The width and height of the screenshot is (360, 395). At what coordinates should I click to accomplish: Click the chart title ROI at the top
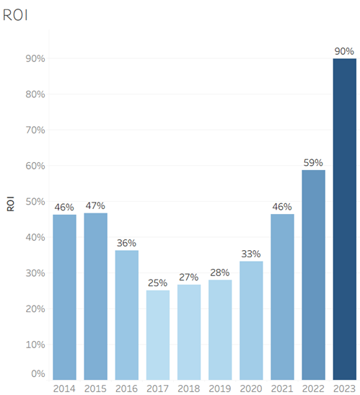click(15, 15)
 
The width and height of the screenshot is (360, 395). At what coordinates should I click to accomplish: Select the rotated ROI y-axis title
click(10, 204)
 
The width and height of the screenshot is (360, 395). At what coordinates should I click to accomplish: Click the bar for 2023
click(345, 219)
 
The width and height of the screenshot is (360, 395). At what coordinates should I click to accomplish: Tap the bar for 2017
click(158, 335)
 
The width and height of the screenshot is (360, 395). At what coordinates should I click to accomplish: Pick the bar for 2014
click(64, 297)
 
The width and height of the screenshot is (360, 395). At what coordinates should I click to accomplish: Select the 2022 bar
click(313, 275)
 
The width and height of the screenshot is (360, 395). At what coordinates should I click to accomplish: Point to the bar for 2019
click(220, 329)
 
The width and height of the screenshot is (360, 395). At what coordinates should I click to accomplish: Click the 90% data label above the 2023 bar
click(344, 51)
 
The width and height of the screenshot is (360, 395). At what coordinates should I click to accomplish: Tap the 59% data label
click(313, 163)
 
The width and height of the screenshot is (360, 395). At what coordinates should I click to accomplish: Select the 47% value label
click(95, 206)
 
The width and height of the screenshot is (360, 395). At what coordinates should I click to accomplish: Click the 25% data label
click(157, 283)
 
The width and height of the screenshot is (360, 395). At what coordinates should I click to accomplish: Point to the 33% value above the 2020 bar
click(251, 254)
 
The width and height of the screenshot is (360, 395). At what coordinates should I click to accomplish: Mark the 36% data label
click(126, 243)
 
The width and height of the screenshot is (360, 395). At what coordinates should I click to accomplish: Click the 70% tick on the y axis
click(35, 130)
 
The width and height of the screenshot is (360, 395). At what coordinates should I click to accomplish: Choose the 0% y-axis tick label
click(38, 373)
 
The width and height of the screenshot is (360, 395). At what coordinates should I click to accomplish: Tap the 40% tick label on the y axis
click(35, 237)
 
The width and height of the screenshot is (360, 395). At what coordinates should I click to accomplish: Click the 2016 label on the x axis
click(126, 389)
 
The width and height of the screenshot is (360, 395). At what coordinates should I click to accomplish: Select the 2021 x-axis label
click(282, 389)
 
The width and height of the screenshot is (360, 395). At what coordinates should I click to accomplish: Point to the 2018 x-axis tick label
click(189, 389)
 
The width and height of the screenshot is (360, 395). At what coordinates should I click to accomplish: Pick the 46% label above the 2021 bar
click(282, 207)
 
